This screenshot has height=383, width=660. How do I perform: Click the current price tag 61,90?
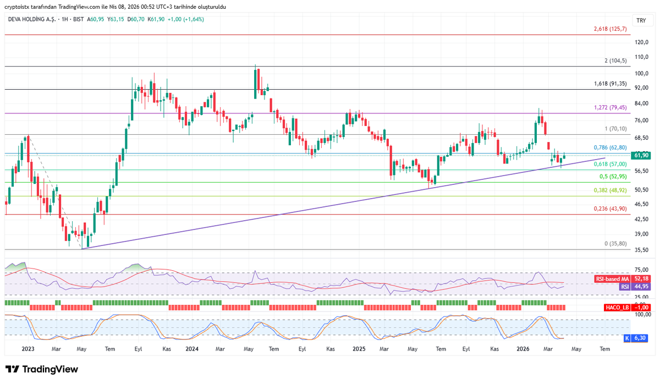(x=641, y=155)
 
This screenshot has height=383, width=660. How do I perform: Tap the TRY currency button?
(x=641, y=20)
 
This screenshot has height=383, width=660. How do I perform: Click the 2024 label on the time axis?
(x=192, y=349)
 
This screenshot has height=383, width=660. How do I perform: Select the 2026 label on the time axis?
(x=522, y=349)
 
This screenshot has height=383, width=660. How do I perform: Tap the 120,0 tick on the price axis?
(x=641, y=42)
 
